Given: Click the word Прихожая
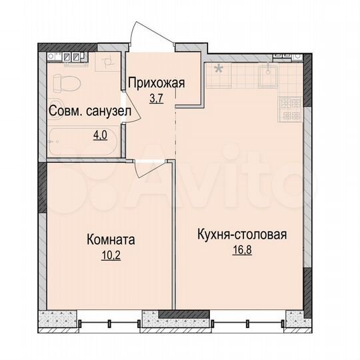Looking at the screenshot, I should (156, 83).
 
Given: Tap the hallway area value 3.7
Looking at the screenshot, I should (156, 98).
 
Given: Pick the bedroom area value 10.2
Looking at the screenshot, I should (111, 253).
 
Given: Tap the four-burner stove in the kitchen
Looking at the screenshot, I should (292, 109).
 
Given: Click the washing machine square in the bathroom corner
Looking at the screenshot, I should (106, 65).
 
